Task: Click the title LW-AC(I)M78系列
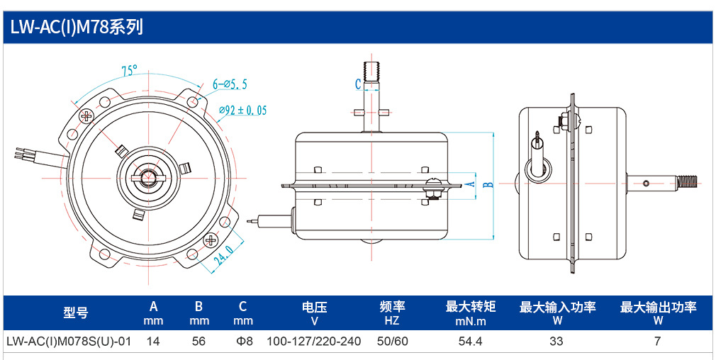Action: click(77, 28)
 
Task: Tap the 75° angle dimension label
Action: click(129, 71)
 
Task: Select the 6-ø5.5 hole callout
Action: click(230, 84)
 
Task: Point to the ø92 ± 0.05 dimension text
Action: click(242, 111)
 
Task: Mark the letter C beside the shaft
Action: click(359, 84)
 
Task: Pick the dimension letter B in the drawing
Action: click(488, 184)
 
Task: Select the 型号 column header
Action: click(76, 313)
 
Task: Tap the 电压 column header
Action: click(314, 307)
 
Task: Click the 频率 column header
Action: click(392, 307)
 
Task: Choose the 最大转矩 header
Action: click(470, 307)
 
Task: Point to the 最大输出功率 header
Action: click(658, 307)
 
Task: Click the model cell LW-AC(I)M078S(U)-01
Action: click(69, 342)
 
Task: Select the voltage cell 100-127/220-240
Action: click(314, 342)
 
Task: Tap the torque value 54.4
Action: click(470, 342)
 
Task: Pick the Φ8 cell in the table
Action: click(243, 342)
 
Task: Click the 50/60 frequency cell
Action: click(392, 342)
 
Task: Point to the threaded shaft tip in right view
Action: click(689, 183)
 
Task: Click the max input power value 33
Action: click(556, 342)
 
